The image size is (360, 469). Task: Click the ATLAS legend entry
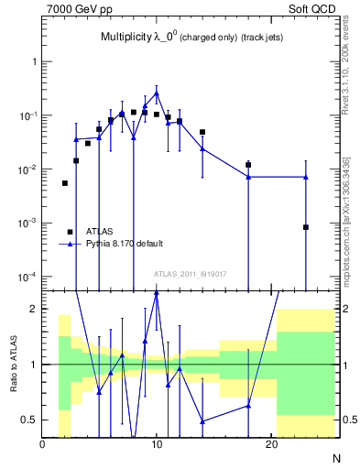[x=100, y=232]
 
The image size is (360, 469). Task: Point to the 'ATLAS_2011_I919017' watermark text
[x=190, y=274]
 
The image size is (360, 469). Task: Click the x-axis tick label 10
[x=157, y=444]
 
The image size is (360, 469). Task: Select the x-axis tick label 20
[x=271, y=444]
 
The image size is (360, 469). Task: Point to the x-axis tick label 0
[x=42, y=444]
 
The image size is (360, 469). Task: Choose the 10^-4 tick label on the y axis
[x=27, y=277]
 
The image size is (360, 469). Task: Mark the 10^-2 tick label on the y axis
[x=27, y=169]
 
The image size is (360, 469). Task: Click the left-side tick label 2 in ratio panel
[x=33, y=309]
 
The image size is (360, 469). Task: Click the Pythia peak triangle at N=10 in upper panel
[x=157, y=93]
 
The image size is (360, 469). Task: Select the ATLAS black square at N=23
[x=306, y=227]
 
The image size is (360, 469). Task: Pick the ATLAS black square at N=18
[x=248, y=165]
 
